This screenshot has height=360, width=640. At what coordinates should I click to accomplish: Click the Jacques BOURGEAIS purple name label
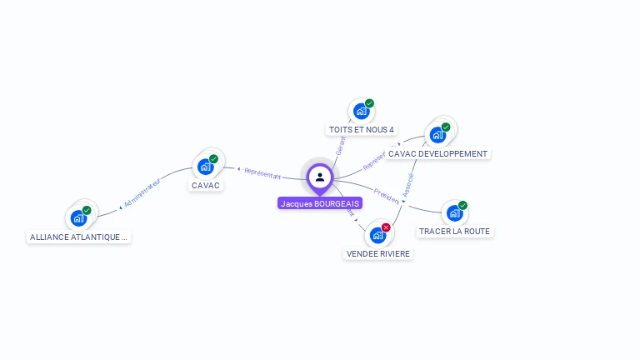(x=320, y=203)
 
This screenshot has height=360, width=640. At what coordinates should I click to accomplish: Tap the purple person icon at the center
(x=320, y=177)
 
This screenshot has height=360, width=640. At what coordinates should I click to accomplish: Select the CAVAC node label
(x=206, y=185)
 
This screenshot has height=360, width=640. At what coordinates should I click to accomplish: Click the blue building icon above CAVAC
(x=205, y=167)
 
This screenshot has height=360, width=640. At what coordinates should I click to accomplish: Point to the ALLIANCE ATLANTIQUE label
(x=79, y=237)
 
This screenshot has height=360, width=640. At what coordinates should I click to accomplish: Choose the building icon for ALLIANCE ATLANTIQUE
(x=78, y=218)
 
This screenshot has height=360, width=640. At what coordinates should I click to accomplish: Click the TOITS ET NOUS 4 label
(x=361, y=130)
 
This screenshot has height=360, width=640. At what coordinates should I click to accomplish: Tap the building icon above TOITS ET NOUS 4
(x=361, y=111)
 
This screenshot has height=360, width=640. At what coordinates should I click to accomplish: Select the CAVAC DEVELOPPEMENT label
(x=437, y=153)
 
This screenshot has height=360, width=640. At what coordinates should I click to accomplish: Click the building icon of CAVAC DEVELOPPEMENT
(x=437, y=135)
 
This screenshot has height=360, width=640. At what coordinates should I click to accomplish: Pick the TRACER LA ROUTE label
(x=454, y=231)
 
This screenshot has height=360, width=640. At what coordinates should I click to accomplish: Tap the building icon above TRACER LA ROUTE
(x=453, y=212)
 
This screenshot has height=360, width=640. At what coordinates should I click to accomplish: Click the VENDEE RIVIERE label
(x=378, y=253)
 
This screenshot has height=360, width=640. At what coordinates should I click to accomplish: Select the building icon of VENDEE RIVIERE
(x=377, y=235)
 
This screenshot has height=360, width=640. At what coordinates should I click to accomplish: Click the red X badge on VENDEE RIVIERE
(x=386, y=227)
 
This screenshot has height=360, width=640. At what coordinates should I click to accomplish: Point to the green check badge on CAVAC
(x=213, y=158)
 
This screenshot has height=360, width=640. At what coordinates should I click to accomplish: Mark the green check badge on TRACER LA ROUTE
(x=462, y=205)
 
